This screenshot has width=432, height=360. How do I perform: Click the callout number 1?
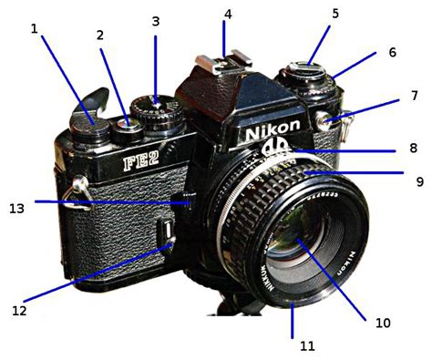click(34, 29)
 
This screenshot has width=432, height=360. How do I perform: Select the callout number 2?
click(99, 36)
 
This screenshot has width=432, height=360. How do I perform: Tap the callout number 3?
click(156, 20)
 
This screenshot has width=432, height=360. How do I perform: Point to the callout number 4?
click(228, 15)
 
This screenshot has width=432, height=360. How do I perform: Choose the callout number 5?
click(334, 15)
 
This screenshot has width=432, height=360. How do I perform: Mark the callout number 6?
click(392, 52)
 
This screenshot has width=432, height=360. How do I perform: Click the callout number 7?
click(413, 95)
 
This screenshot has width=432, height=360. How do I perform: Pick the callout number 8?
click(412, 148)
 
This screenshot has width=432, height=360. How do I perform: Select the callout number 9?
click(419, 181)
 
